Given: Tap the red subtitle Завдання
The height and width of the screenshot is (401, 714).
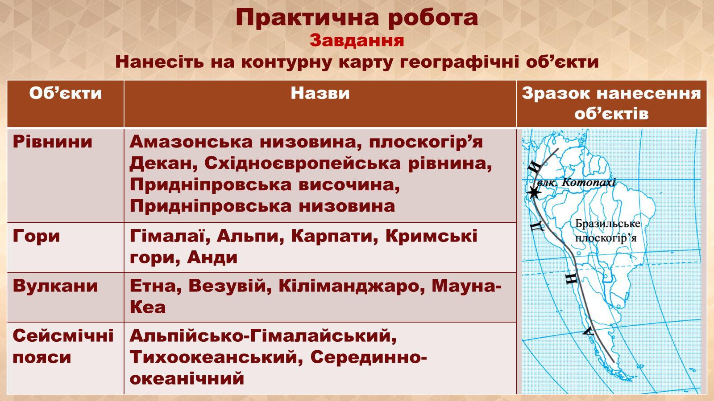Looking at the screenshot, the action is (x=357, y=41).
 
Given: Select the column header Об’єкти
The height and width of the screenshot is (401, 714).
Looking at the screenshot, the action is (x=66, y=94).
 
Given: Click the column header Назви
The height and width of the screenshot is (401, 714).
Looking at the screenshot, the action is (x=320, y=93).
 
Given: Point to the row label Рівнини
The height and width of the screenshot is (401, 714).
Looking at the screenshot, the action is (x=53, y=142).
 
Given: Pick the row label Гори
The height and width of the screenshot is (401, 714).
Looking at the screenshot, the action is (x=36, y=237).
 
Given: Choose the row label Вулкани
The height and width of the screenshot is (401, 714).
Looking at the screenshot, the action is (x=55, y=286).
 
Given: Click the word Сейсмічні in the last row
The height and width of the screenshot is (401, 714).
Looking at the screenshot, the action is (x=63, y=336).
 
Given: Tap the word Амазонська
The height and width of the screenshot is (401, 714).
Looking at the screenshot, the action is (x=191, y=142).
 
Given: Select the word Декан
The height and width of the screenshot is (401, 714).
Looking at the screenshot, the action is (x=162, y=163).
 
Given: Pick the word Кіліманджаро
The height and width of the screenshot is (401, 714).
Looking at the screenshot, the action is (x=352, y=286).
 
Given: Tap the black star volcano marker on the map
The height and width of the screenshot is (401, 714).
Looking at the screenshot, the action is (x=533, y=192).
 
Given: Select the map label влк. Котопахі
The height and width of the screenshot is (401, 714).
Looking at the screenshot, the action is (x=576, y=183).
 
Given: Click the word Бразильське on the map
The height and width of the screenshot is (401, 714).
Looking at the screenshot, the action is (x=607, y=224).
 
